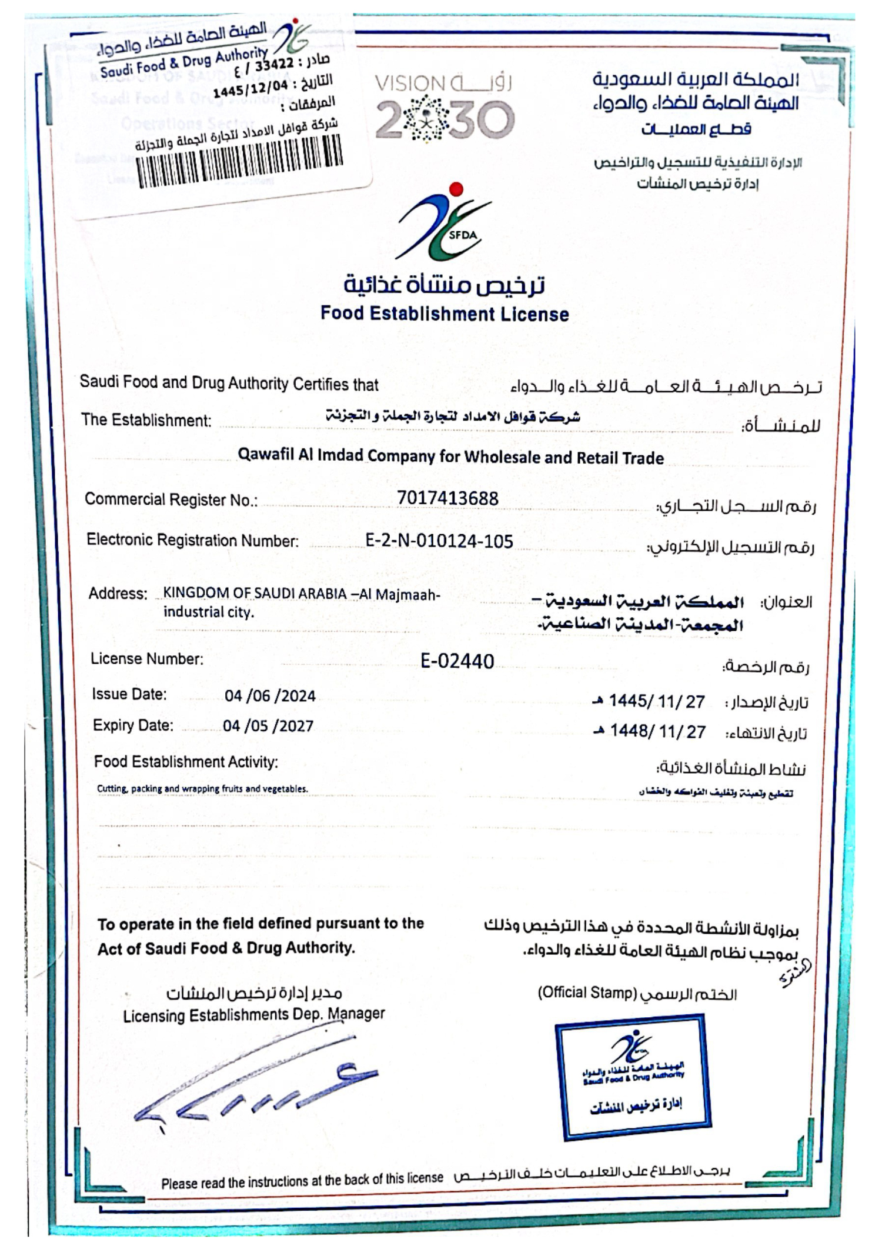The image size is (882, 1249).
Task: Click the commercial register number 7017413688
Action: tap(447, 498)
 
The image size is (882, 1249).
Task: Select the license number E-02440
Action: tap(457, 661)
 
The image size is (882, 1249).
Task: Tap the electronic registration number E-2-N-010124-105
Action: tap(439, 541)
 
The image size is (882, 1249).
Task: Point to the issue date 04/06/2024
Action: tap(270, 696)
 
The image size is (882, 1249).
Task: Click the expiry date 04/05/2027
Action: tap(268, 726)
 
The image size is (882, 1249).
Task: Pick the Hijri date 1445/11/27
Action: tap(656, 701)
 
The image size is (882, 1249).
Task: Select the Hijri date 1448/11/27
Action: tap(657, 731)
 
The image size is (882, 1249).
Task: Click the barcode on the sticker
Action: tap(239, 162)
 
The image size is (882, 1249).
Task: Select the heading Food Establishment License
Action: tap(445, 314)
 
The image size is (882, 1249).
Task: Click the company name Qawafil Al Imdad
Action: tap(450, 457)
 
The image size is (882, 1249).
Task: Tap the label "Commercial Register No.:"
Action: tap(171, 500)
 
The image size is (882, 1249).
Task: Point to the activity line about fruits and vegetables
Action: tap(202, 789)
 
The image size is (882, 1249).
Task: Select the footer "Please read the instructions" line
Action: tap(302, 1180)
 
